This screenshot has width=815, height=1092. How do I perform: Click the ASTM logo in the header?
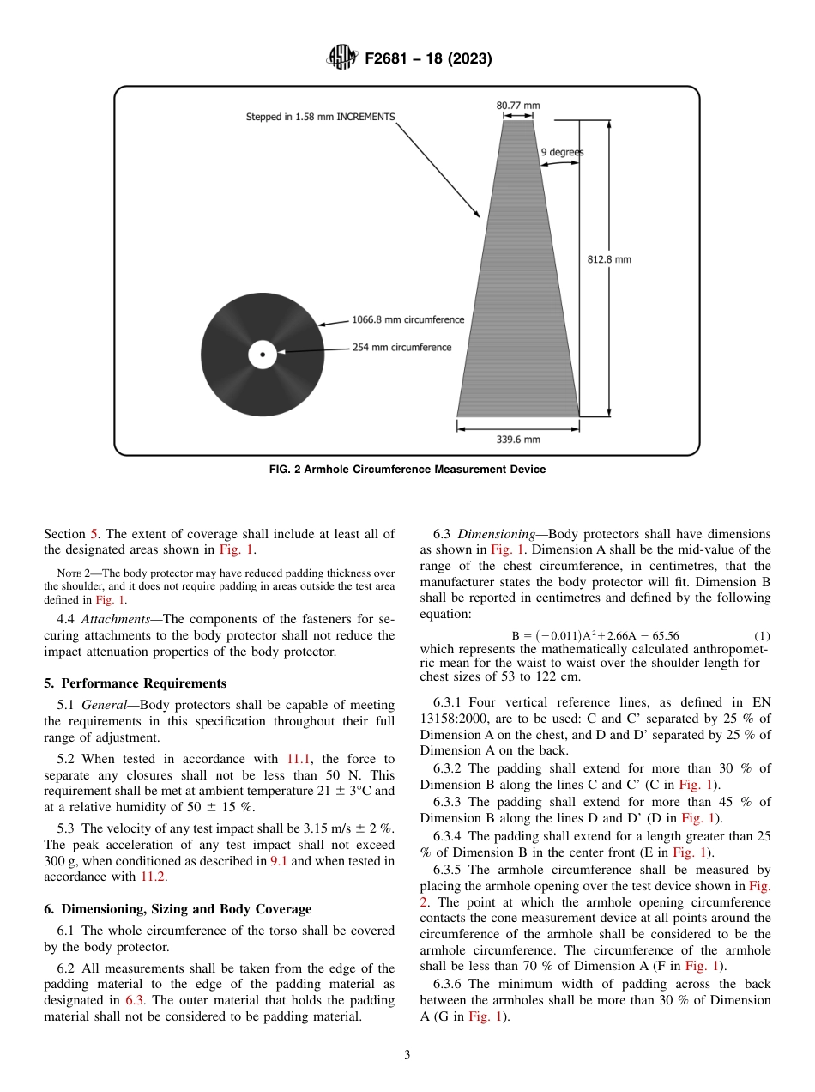342,59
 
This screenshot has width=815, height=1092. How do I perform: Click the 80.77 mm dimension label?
518,106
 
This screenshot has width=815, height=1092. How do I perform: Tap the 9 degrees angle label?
562,152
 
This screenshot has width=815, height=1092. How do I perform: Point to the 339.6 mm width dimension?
518,440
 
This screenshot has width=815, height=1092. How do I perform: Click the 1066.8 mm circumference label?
407,319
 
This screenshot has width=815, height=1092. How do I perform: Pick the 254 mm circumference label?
401,348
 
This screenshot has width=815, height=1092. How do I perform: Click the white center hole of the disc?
263,355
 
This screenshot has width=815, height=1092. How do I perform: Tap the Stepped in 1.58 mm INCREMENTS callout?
320,117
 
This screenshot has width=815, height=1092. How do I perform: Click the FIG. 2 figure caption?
407,470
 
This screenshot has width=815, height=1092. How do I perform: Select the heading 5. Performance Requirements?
136,683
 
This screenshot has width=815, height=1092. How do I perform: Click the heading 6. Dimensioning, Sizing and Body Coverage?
178,909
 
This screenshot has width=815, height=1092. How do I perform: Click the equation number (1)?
762,636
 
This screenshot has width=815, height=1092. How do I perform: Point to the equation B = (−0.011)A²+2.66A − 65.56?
595,636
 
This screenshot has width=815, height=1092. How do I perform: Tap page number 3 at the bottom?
407,1055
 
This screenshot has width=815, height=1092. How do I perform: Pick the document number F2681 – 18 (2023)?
428,59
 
